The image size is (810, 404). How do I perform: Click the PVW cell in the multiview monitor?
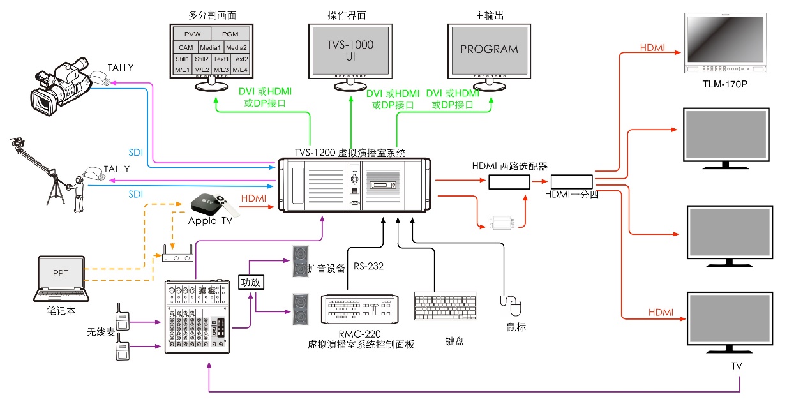pos(192,34)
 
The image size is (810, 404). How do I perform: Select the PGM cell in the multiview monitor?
pos(230,34)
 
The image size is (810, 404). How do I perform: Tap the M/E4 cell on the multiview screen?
pos(240,69)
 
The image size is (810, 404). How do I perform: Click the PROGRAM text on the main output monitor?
pos(490,49)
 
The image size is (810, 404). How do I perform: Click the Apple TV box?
pos(206,204)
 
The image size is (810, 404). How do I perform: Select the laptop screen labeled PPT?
pos(61,273)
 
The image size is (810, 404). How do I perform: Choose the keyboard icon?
pos(445,307)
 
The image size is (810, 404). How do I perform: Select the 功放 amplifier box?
pos(250,281)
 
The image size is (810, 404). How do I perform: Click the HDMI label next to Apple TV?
pos(253,198)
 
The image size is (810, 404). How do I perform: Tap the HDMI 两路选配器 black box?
pos(509,182)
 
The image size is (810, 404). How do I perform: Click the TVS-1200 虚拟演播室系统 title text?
pos(350,153)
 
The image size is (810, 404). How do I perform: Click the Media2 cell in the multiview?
pos(236,47)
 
